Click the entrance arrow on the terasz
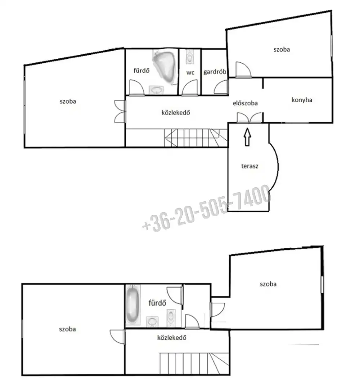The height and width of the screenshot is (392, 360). pyautogui.click(x=247, y=137)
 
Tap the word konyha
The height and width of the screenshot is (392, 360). pyautogui.click(x=302, y=100)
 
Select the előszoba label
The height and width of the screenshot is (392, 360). pyautogui.click(x=245, y=103)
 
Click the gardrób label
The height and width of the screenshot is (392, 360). pyautogui.click(x=215, y=72)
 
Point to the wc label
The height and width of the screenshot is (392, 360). pyautogui.click(x=190, y=73)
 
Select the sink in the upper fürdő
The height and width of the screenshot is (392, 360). pyautogui.click(x=156, y=90)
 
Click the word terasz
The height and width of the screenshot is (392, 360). pyautogui.click(x=249, y=166)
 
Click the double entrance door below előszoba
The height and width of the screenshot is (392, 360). pyautogui.click(x=249, y=118)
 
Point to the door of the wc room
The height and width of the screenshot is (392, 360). pyautogui.click(x=189, y=88)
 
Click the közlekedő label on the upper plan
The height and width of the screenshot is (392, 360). pyautogui.click(x=176, y=112)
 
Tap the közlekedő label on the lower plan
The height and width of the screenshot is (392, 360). pyautogui.click(x=172, y=338)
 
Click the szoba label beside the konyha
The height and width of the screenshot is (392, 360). pyautogui.click(x=282, y=49)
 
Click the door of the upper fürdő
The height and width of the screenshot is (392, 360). pyautogui.click(x=137, y=88)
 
